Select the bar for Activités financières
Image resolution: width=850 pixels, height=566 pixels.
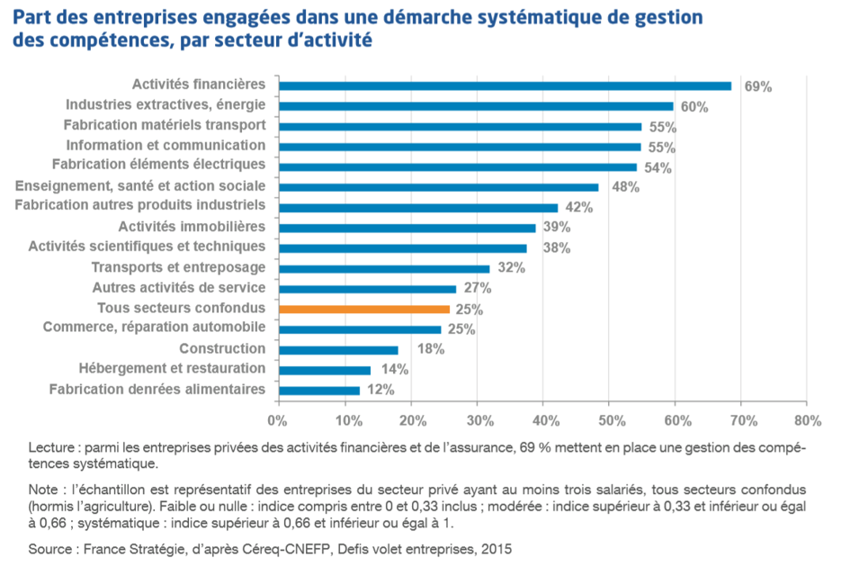click(505, 85)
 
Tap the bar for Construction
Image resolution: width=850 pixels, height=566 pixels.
click(338, 350)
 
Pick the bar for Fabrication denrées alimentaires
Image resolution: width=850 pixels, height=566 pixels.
click(319, 391)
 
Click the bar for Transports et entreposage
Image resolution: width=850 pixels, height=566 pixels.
click(384, 268)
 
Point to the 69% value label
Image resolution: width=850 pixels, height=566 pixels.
click(758, 87)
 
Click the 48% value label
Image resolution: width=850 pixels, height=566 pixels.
click(625, 187)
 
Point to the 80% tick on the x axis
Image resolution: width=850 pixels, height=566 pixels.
click(808, 419)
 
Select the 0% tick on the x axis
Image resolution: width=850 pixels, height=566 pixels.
click(278, 419)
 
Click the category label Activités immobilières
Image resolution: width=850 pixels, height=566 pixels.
click(192, 226)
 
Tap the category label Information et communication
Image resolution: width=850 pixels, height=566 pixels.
click(166, 145)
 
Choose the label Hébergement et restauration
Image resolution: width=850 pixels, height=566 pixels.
click(172, 368)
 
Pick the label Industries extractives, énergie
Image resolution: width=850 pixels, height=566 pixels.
click(166, 104)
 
